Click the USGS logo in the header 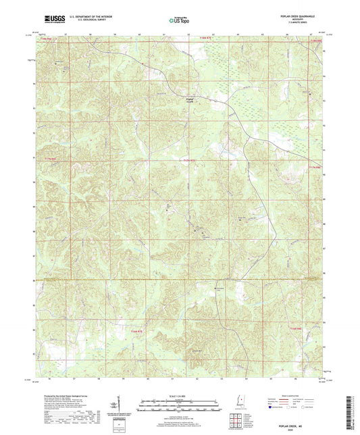(x=47, y=21)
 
